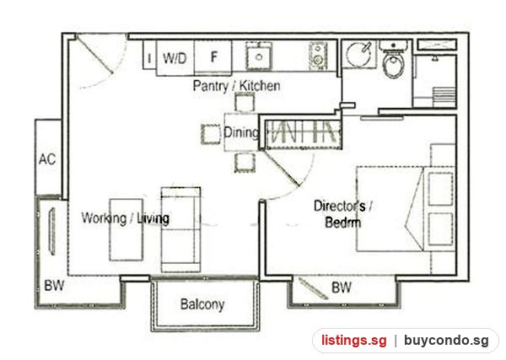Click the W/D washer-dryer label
[175, 58]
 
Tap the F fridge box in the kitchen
[213, 56]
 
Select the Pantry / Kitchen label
[236, 86]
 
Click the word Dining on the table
[241, 132]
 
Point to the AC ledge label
[47, 159]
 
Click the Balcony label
[202, 304]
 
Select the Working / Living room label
[125, 218]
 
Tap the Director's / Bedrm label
[343, 214]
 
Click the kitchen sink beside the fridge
[259, 56]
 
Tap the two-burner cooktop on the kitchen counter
[318, 56]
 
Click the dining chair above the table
[245, 102]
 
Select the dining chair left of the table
[211, 134]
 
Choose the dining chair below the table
[245, 163]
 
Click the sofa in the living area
[180, 229]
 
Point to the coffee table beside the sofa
[126, 229]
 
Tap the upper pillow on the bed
[440, 189]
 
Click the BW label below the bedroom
[342, 287]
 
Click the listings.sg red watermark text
[353, 341]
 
